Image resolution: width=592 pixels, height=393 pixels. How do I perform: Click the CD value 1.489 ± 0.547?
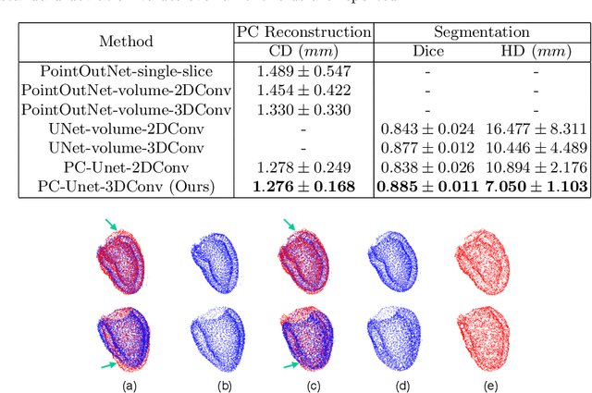coord(303,71)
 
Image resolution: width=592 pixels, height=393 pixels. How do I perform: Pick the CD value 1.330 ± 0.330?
coord(303,109)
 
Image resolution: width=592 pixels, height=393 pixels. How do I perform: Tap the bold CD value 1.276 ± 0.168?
coord(303,185)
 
